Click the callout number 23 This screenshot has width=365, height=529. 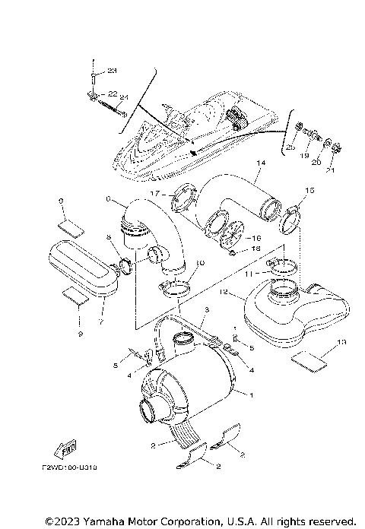[x=113, y=71]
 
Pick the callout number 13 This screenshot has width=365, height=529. [x=341, y=342]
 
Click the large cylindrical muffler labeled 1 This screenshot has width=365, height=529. [x=190, y=391]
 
